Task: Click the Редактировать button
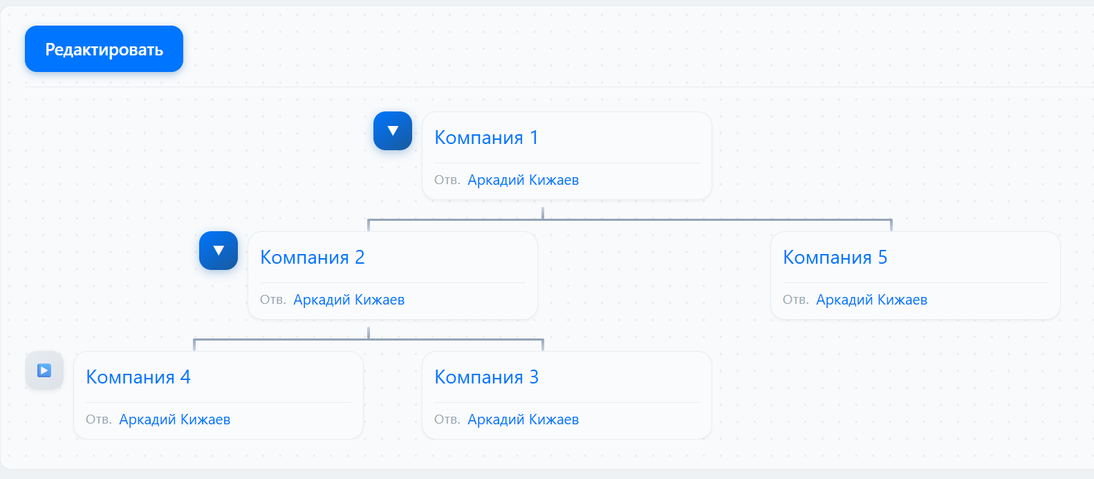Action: point(104,49)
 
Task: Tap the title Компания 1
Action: point(485,138)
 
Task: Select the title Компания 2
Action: point(312,257)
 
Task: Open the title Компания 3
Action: point(486,377)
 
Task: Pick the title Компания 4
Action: point(138,377)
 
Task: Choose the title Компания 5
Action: point(835,257)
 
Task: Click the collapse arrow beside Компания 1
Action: point(393,131)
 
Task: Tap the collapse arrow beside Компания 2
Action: point(219,251)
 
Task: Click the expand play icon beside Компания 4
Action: point(44,370)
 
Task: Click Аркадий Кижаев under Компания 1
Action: point(523,180)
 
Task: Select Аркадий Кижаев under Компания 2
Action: point(349,300)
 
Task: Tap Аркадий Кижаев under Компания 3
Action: point(523,419)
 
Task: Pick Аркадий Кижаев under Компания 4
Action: point(174,419)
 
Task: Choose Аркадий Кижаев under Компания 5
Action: point(871,300)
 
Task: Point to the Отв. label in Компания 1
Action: point(447,181)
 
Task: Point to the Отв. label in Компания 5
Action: point(795,300)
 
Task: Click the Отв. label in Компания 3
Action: point(447,420)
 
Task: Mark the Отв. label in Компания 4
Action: point(98,420)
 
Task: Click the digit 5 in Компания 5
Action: point(882,257)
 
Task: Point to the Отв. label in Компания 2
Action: point(272,300)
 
